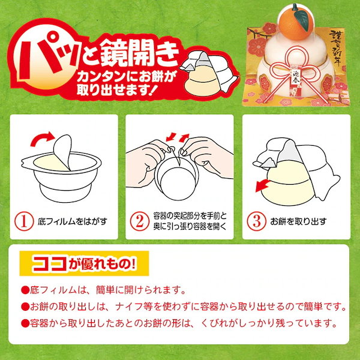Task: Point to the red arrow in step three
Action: point(260,187)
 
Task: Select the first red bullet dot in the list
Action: point(25,291)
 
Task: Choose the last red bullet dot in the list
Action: point(25,323)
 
